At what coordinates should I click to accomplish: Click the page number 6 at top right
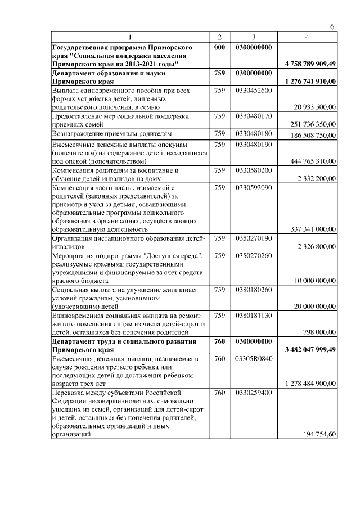(x=332, y=27)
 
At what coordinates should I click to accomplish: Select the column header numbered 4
(x=307, y=37)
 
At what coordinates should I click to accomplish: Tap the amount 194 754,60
(x=319, y=435)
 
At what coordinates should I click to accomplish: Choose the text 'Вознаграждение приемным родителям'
(x=112, y=134)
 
